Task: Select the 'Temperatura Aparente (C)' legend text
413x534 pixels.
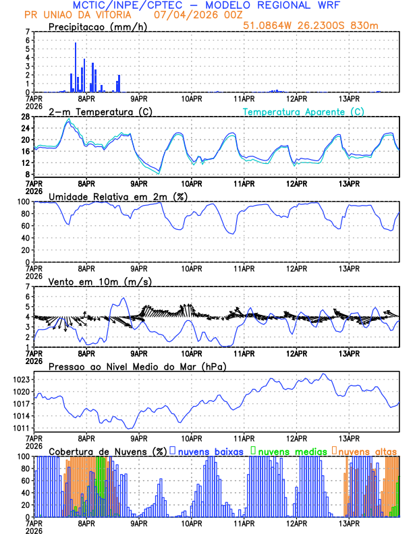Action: (304, 111)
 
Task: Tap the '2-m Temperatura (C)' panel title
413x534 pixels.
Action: (94, 111)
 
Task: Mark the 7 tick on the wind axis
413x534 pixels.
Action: (28, 287)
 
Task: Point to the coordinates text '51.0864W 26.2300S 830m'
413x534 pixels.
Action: (321, 26)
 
